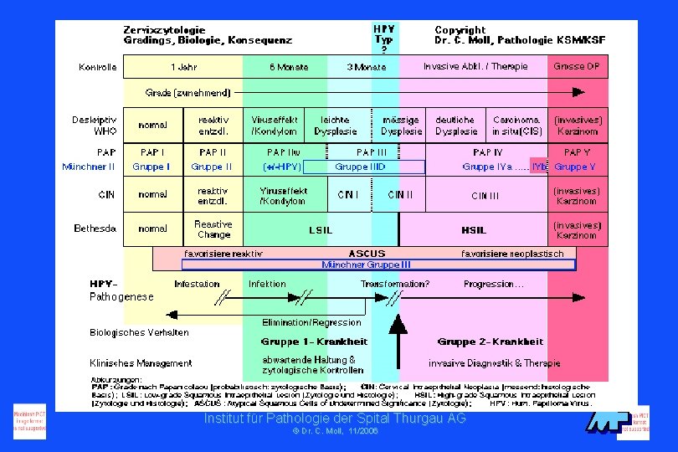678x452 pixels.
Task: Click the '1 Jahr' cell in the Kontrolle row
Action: (x=183, y=67)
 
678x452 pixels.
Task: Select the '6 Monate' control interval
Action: (x=288, y=67)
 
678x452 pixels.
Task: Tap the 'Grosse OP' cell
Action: (x=576, y=67)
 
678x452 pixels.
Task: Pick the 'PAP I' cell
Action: (x=152, y=152)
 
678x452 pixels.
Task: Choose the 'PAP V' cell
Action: (x=577, y=152)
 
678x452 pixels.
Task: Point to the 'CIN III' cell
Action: (x=485, y=196)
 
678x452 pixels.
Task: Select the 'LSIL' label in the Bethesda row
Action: (x=321, y=229)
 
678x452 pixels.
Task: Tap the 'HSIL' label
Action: (x=474, y=229)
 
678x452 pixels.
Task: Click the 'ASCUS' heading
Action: (x=367, y=254)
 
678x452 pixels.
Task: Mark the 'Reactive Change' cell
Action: (x=213, y=229)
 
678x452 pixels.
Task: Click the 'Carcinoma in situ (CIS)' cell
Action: (x=516, y=126)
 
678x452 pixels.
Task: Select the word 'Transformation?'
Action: (x=394, y=284)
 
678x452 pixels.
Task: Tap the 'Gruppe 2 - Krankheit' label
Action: (x=490, y=342)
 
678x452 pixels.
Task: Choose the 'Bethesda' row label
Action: (x=95, y=229)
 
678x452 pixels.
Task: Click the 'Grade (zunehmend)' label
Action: (x=188, y=92)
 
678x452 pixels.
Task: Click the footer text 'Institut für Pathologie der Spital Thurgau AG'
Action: (x=335, y=418)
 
